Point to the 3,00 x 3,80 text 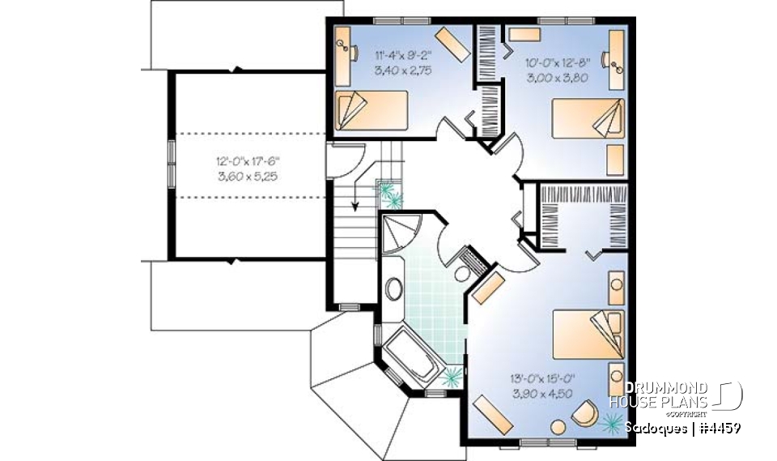click(x=557, y=78)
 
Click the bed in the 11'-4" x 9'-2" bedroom click(x=371, y=110)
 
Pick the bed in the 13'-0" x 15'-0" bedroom click(x=588, y=332)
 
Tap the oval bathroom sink click(x=395, y=289)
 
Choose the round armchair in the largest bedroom click(x=582, y=415)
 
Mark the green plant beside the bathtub click(x=452, y=375)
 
